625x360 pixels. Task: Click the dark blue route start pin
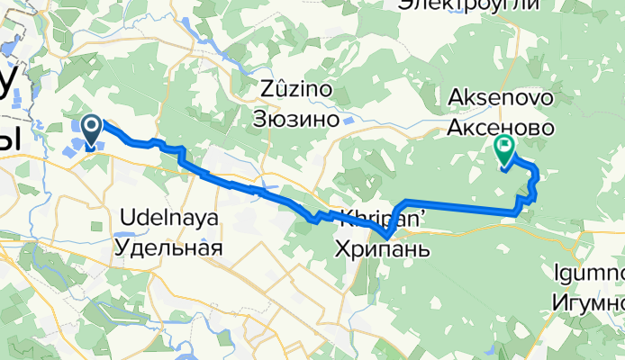point(91,130)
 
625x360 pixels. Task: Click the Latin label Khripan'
point(378,216)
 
